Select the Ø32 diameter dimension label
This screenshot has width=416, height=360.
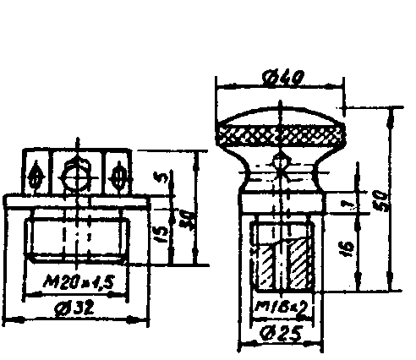click(77, 308)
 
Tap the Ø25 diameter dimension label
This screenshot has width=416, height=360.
click(279, 334)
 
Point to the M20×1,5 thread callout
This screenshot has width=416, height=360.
click(79, 280)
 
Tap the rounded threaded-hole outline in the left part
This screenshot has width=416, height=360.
click(78, 240)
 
